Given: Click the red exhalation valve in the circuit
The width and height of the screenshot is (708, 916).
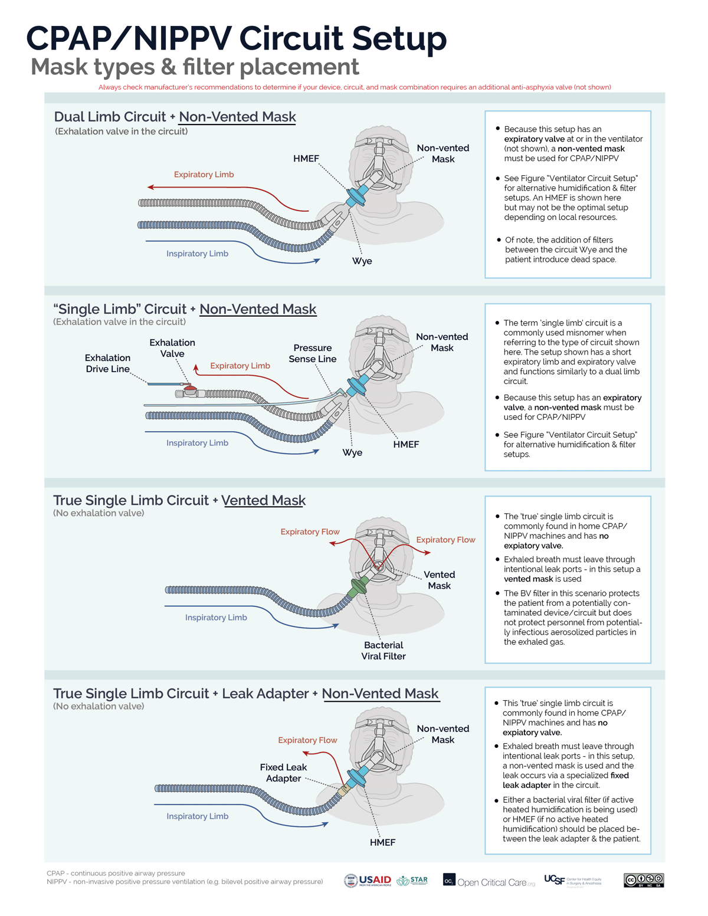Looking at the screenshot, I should click(x=190, y=390).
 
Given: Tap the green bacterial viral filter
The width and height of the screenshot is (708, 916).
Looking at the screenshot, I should click(x=358, y=587).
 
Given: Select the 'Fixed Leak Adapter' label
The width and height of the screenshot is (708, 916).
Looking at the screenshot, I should click(x=283, y=773).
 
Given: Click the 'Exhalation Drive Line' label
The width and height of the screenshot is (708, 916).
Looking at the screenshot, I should click(x=107, y=363).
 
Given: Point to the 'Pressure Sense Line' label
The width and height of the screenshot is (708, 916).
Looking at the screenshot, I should click(x=312, y=353).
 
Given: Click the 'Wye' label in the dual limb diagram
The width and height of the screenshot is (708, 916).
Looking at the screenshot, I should click(x=362, y=261).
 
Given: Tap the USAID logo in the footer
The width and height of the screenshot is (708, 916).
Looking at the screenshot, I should click(x=368, y=881).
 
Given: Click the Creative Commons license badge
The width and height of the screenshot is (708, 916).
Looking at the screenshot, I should click(x=644, y=880).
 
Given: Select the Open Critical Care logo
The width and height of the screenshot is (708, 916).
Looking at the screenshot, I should click(x=490, y=881).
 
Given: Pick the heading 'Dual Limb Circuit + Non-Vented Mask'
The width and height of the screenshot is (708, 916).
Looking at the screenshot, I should click(x=175, y=117).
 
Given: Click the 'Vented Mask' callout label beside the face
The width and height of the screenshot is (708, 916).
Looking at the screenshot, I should click(x=439, y=580).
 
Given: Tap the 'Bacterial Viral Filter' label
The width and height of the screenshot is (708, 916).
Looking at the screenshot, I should click(x=383, y=651).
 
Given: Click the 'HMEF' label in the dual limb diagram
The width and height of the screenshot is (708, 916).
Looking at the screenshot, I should click(x=306, y=159).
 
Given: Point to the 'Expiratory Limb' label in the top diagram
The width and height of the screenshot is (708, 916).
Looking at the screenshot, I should click(x=204, y=175).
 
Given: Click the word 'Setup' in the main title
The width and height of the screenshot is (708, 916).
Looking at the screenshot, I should click(x=399, y=38).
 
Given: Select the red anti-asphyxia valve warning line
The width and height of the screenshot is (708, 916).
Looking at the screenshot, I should click(x=355, y=87).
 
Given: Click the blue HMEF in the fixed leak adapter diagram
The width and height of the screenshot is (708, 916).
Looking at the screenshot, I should click(x=357, y=781).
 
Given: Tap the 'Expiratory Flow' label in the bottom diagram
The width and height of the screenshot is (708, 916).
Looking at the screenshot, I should click(x=307, y=740).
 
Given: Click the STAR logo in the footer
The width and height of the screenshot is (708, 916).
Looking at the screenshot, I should click(x=412, y=881).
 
